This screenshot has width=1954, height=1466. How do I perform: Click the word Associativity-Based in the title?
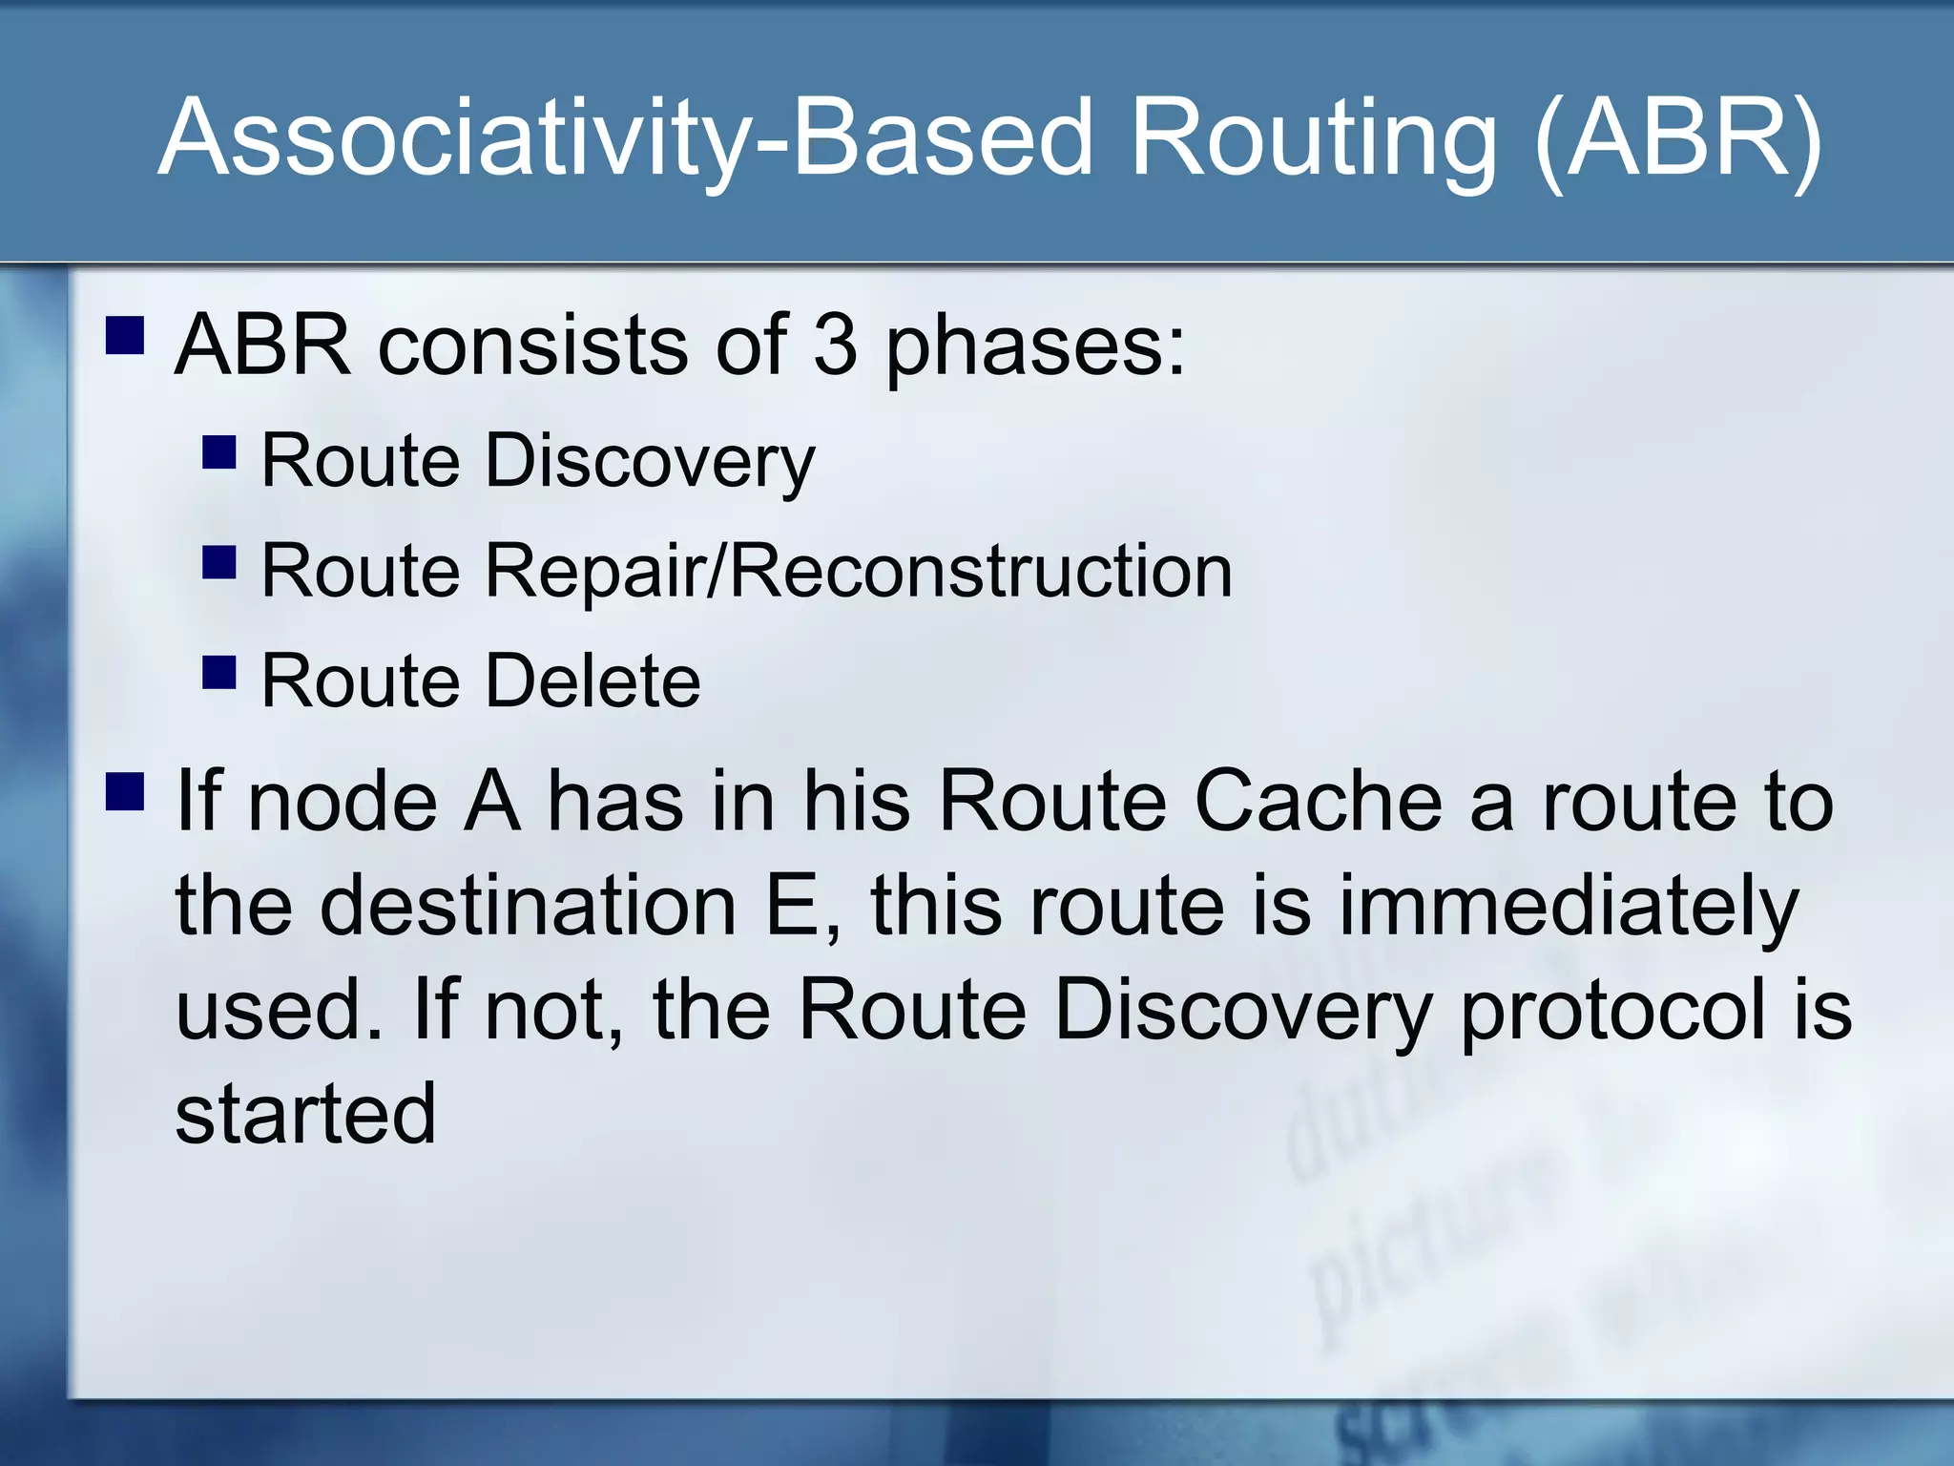click(625, 138)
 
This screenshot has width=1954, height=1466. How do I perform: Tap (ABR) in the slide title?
click(1680, 138)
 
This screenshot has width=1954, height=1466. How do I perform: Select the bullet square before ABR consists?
click(125, 336)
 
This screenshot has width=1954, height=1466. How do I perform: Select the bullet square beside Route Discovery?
click(219, 452)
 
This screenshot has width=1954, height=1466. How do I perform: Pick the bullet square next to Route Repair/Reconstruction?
click(219, 563)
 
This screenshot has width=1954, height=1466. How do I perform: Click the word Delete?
click(592, 681)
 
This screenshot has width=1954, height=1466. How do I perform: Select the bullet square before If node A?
click(125, 791)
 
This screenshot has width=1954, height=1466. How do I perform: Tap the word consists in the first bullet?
click(532, 345)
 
